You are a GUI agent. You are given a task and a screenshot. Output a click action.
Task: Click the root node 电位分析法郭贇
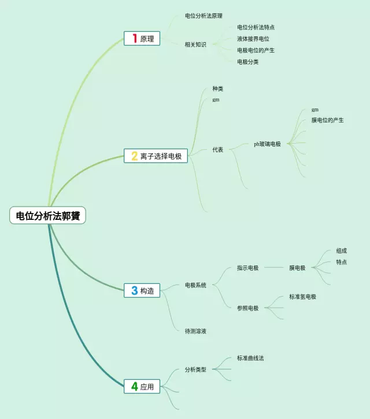coord(47,216)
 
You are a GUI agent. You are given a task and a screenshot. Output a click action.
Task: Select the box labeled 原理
coord(142,39)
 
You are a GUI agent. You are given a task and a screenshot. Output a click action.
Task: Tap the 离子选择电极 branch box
coord(156,156)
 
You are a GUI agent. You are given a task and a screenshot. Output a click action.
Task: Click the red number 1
coord(135,39)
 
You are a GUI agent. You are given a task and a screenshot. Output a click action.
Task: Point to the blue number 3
coord(135,291)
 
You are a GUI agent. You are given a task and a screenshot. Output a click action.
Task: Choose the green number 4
coord(135,387)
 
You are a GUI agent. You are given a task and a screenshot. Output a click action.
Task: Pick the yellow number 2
coord(134,156)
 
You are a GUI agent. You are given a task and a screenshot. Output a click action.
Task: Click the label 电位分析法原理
coord(203,16)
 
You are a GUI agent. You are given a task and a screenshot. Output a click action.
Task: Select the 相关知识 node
coord(195,44)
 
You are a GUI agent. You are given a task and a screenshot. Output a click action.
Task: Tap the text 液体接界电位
coord(253,39)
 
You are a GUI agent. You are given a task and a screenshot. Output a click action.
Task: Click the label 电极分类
coord(247,62)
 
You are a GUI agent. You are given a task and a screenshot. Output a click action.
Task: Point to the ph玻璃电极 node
coord(267,144)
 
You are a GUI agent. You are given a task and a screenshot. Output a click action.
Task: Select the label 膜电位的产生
coord(327,121)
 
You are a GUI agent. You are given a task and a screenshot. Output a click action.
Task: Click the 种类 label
coord(217,89)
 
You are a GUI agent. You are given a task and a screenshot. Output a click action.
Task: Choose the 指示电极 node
coord(247,268)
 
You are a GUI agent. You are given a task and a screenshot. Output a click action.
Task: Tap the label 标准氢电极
coord(302,297)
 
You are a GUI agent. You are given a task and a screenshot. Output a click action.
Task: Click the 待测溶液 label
coord(195,331)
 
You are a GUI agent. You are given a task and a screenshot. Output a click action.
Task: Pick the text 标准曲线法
coord(250,358)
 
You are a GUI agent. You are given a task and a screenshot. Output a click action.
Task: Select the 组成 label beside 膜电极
coord(341,251)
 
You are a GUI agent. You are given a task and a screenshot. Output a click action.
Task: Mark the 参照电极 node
coord(247,308)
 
